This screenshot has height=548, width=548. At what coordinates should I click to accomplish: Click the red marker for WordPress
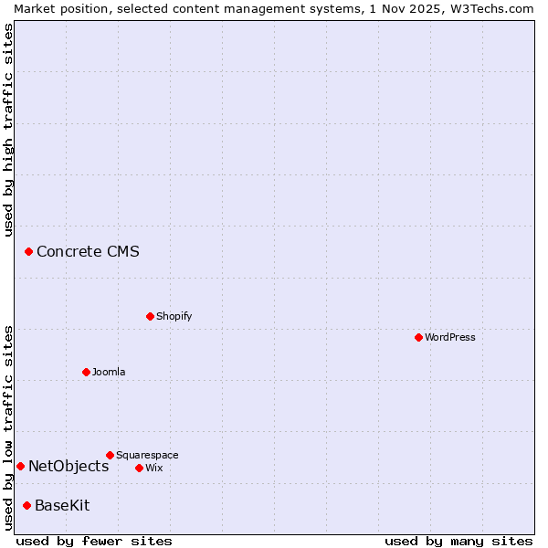418,337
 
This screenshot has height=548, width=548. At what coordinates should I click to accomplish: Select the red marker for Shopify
150,316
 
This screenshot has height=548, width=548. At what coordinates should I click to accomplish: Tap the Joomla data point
86,372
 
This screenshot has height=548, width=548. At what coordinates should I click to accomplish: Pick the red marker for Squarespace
110,455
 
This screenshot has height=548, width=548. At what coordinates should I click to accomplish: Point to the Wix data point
139,468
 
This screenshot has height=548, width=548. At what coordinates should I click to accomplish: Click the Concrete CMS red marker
28,251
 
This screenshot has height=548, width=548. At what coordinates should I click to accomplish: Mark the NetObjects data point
20,466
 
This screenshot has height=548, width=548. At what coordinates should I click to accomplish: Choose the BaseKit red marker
26,505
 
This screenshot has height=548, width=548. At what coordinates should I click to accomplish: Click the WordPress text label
450,337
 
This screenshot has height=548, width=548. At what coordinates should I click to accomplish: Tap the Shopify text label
174,316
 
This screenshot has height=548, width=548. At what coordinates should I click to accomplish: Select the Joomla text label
109,372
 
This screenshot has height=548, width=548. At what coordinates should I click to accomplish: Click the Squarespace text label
147,455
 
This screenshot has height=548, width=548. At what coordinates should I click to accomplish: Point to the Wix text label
153,468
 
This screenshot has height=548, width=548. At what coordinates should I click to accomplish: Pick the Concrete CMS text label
88,251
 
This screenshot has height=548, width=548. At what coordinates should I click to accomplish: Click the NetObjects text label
68,466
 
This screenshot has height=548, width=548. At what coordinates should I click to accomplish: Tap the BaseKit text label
62,505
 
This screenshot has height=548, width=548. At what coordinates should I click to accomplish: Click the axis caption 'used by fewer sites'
94,541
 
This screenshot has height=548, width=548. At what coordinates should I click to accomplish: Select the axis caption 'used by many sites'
458,541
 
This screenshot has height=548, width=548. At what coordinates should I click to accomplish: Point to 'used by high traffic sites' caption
8,130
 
